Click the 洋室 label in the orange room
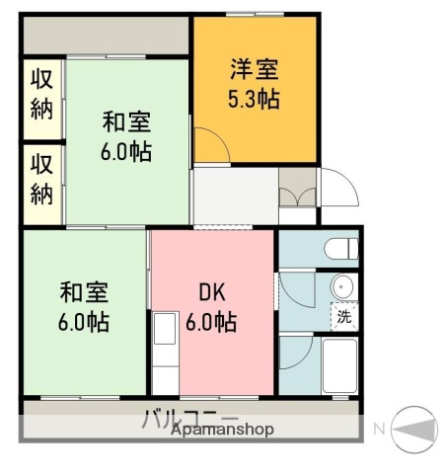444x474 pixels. pyautogui.click(x=255, y=70)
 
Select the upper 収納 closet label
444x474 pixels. pyautogui.click(x=40, y=94)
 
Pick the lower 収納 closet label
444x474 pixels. pyautogui.click(x=40, y=179)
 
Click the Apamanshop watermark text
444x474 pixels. pyautogui.click(x=222, y=431)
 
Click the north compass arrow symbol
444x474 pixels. pyautogui.click(x=414, y=428)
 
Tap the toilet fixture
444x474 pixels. pyautogui.click(x=338, y=248)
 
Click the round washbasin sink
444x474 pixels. pyautogui.click(x=342, y=287)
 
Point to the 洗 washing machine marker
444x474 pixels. pyautogui.click(x=343, y=317)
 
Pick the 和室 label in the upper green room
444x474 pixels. pyautogui.click(x=127, y=123)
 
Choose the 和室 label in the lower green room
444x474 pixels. pyautogui.click(x=84, y=292)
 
